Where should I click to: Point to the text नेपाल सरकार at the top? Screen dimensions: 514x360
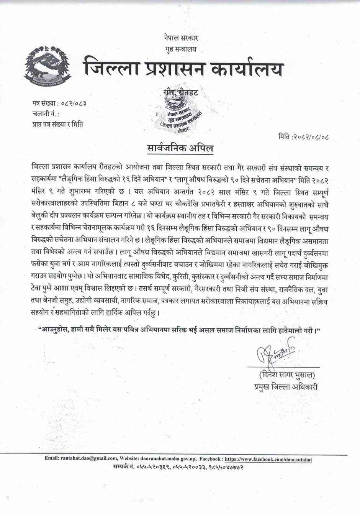178,38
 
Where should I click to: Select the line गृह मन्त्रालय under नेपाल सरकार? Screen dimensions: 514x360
178,49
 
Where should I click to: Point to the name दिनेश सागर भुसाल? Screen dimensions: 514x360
283,374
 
